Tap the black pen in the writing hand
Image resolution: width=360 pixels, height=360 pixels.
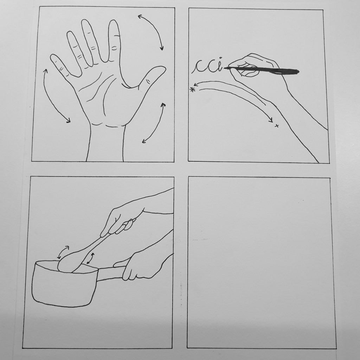tap(262, 70)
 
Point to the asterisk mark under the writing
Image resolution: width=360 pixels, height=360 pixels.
tap(192, 90)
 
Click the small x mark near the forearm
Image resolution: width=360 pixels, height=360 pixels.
tap(277, 126)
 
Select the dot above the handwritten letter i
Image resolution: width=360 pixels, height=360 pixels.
tap(221, 58)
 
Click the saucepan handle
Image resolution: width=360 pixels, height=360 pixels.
tap(110, 273)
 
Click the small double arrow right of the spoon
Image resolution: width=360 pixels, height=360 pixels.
tap(90, 258)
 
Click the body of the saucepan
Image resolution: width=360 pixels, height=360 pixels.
tap(64, 285)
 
